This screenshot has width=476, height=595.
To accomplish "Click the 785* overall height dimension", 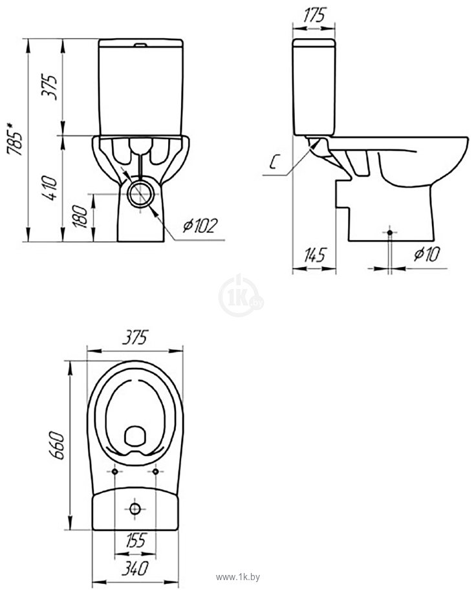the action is (15, 138).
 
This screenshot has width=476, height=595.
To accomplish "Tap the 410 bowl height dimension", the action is (50, 188).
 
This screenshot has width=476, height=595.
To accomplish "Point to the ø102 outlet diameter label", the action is (200, 226).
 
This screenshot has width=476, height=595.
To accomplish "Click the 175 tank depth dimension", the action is (314, 15).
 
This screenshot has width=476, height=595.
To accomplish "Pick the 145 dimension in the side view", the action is (315, 255).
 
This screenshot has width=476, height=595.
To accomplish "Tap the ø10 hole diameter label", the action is (427, 254).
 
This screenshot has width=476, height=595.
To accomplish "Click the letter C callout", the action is (273, 162).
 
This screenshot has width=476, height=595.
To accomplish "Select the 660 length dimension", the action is (58, 445).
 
